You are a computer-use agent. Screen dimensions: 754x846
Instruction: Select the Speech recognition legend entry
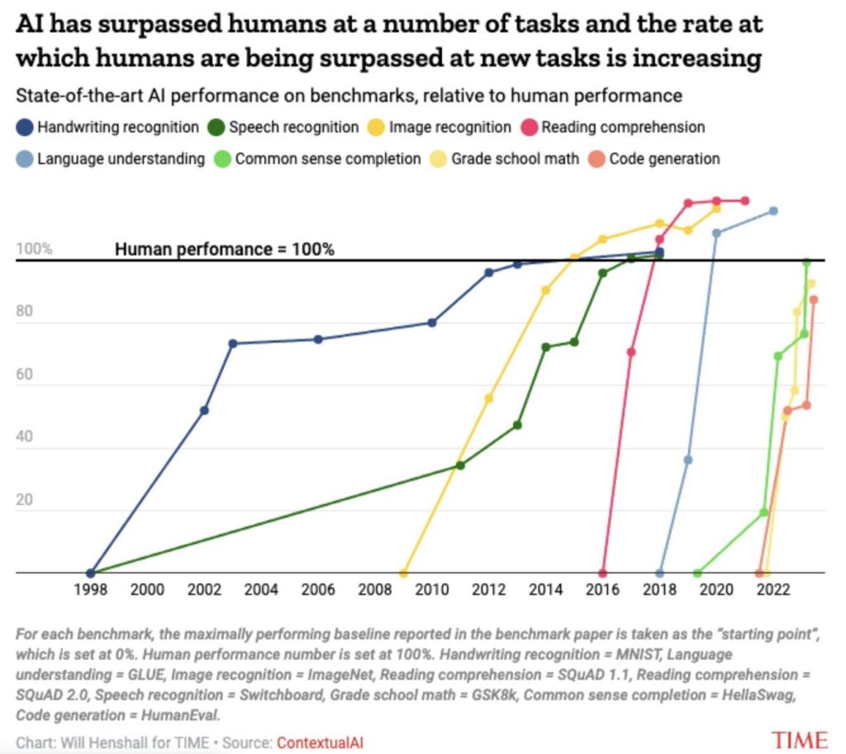click(285, 128)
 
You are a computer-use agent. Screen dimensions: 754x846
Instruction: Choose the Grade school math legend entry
click(506, 159)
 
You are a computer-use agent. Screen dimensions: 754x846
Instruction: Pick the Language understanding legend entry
click(111, 159)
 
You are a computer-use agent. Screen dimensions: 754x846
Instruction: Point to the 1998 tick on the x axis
click(90, 591)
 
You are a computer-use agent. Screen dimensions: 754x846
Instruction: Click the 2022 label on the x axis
click(774, 591)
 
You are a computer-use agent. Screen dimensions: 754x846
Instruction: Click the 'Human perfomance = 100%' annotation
click(224, 249)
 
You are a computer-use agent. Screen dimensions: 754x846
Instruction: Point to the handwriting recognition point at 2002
click(204, 410)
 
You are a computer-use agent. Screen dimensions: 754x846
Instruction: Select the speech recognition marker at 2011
click(460, 465)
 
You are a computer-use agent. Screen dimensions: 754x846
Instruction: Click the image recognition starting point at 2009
click(403, 572)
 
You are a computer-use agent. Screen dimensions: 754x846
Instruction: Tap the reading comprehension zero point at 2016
click(603, 572)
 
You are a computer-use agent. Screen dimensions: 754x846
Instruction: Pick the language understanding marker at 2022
click(773, 211)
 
